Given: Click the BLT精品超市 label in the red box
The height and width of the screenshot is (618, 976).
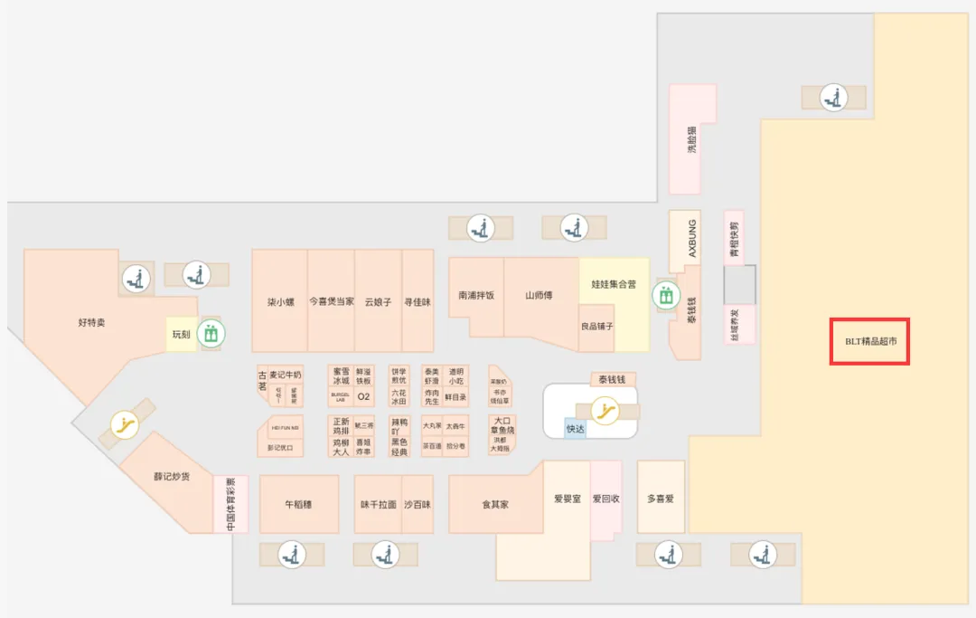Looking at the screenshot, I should pos(869,341).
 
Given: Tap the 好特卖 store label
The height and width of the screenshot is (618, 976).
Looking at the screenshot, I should pos(91,322).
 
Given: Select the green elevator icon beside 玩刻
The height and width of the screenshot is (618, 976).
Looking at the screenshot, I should pos(211,333).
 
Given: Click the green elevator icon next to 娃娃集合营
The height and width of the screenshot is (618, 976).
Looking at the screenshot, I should pos(667,295).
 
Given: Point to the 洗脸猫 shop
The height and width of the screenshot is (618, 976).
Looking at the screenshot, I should pos(692,139).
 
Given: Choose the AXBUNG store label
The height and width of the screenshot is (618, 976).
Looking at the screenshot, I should pos(693,238).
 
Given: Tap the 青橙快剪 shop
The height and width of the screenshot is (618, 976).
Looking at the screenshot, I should pos(735,239).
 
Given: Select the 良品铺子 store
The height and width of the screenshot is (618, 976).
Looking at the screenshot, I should pos(596,326).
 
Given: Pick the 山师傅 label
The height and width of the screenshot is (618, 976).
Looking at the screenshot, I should pos(540,295).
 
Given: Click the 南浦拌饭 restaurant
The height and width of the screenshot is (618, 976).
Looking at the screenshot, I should pos(475,295).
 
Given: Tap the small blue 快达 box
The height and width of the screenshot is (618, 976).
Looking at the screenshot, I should pos(576,429).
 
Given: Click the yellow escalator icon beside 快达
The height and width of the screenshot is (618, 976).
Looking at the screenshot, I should pos(603,412).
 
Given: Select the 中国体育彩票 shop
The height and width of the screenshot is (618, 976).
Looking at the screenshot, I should pos(230,504).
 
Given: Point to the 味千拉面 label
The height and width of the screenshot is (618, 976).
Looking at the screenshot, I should pos(378,504).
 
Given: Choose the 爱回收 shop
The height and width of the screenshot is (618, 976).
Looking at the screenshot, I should pos(605,499).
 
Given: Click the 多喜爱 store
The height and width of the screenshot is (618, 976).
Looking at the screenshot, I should pos(661,499).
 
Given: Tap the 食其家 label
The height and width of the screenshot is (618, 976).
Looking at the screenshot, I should pos(495,504).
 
